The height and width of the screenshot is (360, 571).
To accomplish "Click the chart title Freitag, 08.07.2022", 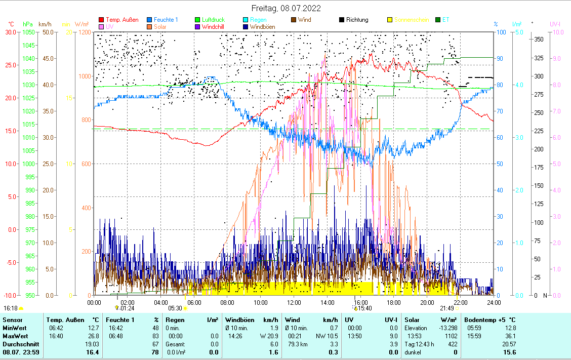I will pos(286,9).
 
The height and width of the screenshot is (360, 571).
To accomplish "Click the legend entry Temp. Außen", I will pos(122,20).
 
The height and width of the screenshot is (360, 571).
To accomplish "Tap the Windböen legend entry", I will pos(265,27).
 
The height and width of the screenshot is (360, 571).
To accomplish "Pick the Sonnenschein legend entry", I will pos(411,20).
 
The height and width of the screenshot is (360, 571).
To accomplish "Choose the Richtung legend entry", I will pos(357,20).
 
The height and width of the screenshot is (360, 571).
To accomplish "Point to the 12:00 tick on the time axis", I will pos(294,302).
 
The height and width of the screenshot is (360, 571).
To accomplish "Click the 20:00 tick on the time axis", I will pos(427,302).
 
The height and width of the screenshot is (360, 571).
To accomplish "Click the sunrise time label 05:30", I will pos(175,308).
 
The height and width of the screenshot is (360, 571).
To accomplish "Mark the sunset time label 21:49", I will pos(446,308).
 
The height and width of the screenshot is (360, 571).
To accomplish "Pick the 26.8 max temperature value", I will pos(93,336).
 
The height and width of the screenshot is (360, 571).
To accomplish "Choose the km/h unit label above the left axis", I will pos(45,24).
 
